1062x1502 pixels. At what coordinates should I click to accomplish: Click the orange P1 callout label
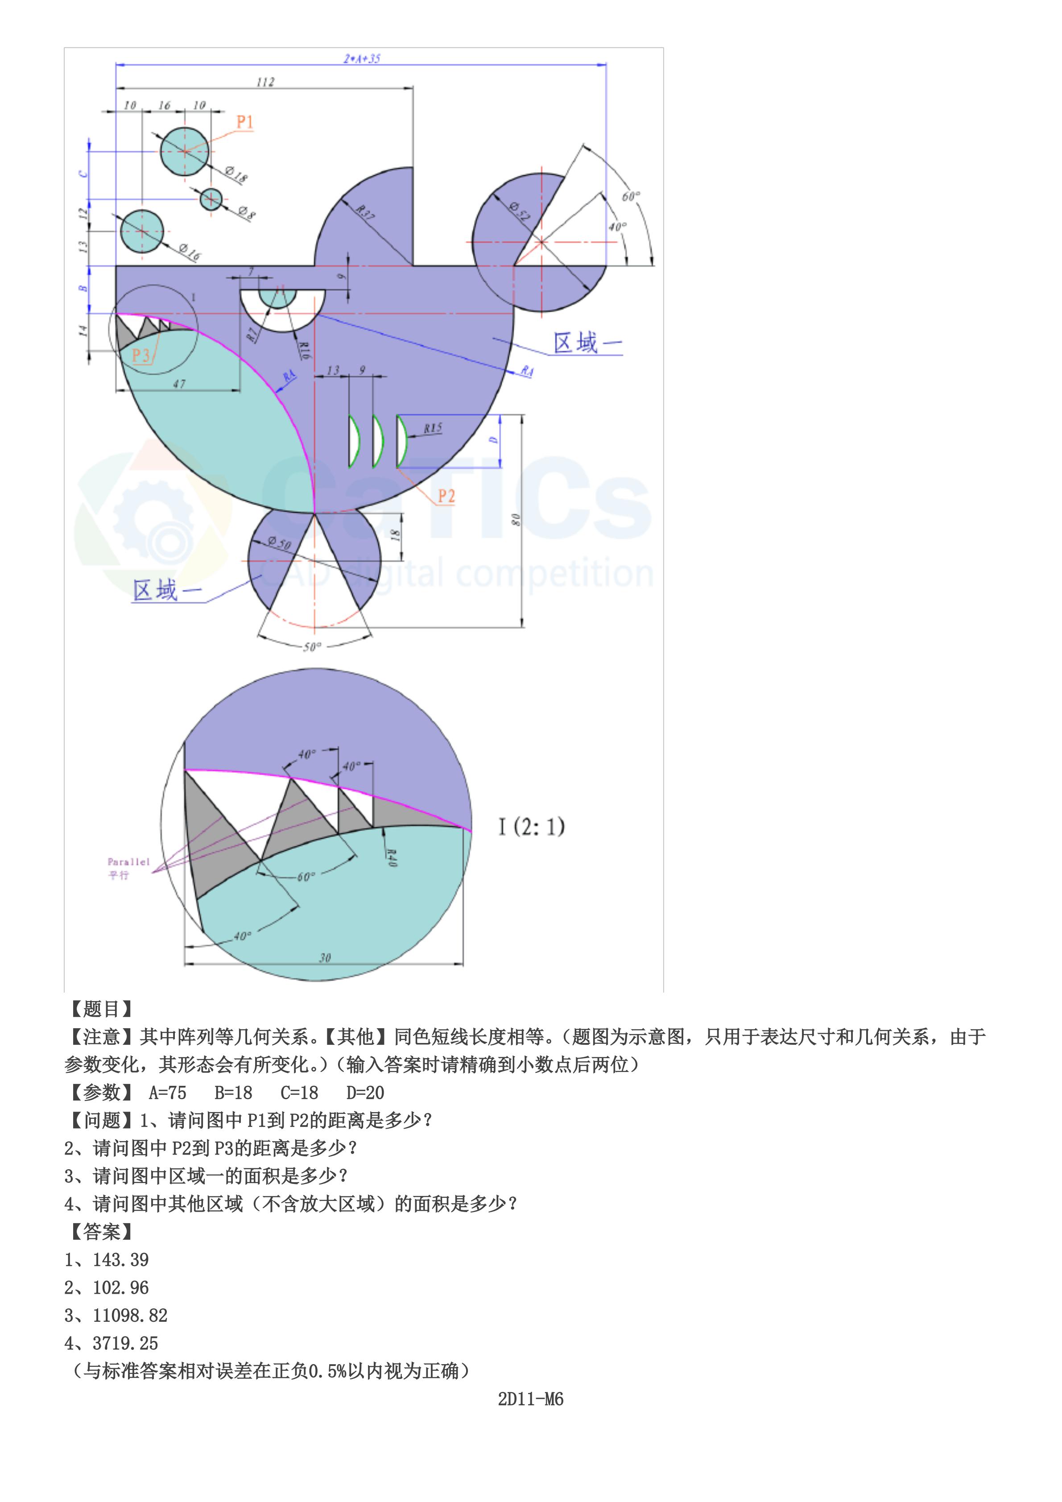pyautogui.click(x=244, y=122)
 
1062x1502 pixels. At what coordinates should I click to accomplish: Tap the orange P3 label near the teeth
pyautogui.click(x=140, y=355)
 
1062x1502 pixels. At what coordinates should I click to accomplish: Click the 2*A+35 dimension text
pyautogui.click(x=362, y=59)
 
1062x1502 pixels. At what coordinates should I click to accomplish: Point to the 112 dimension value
pyautogui.click(x=265, y=82)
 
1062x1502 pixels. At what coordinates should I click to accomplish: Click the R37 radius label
pyautogui.click(x=365, y=212)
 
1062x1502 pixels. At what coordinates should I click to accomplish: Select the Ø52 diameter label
pyautogui.click(x=521, y=211)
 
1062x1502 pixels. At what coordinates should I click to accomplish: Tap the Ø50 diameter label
pyautogui.click(x=279, y=542)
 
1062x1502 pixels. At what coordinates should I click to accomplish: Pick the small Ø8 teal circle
pyautogui.click(x=211, y=199)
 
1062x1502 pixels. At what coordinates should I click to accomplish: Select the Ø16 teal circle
pyautogui.click(x=142, y=232)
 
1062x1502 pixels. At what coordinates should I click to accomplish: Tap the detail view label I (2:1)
pyautogui.click(x=531, y=827)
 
